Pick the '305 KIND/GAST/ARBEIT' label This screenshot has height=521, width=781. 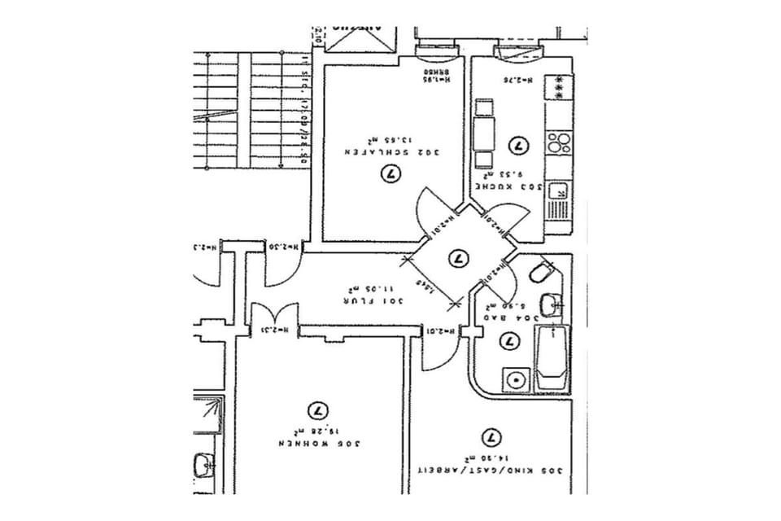point(491,471)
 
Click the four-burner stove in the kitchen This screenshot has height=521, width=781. point(557,143)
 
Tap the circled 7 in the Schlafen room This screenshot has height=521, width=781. point(392,173)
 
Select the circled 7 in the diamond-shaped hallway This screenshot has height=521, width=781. point(457,258)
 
